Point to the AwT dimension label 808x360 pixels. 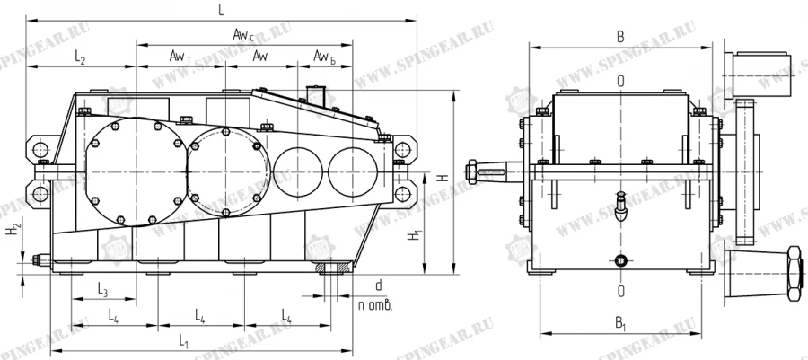coord(180,57)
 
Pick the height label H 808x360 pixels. coord(441,179)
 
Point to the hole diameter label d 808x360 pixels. coord(379,285)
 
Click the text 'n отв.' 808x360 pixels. coord(375,305)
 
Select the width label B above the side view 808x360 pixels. coord(620,38)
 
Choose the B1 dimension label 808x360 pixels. coord(620,321)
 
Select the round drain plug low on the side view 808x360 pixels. coord(620,261)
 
